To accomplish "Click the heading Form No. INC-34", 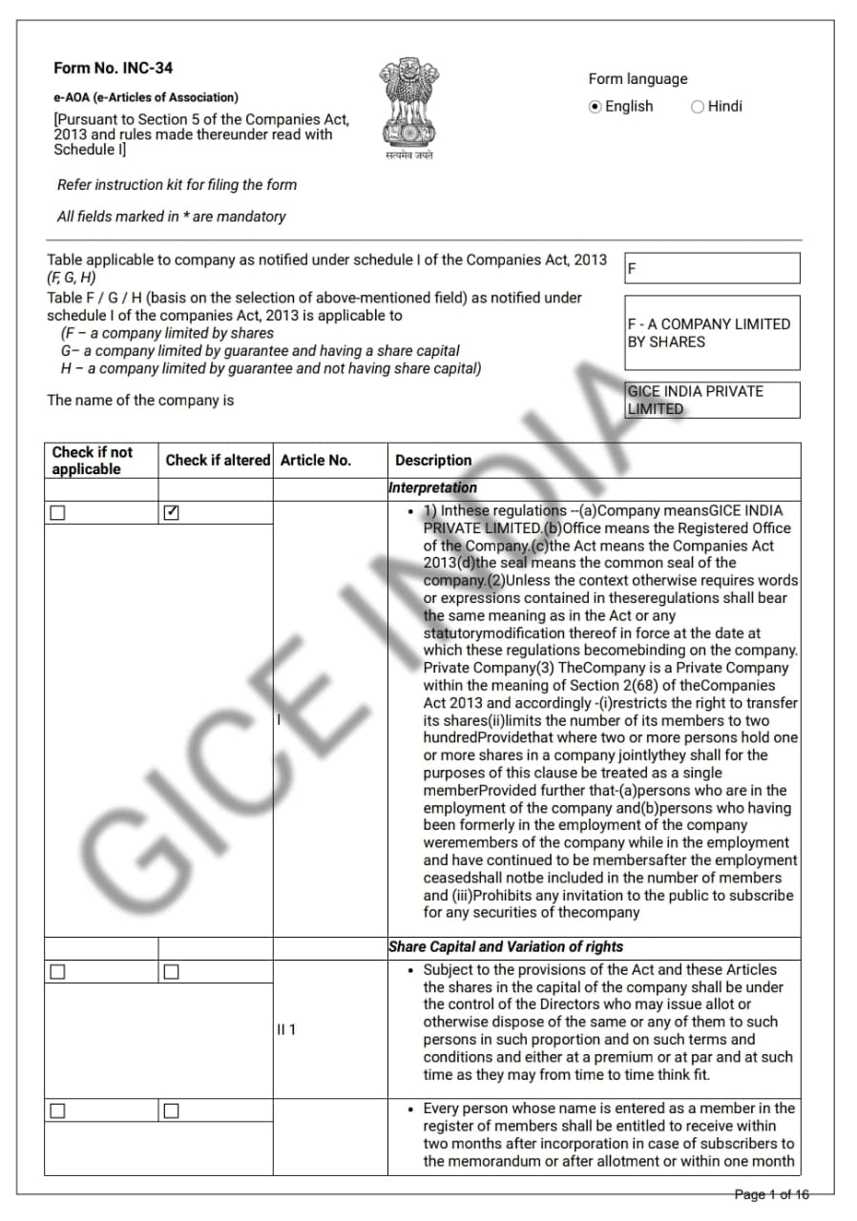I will coord(113,68).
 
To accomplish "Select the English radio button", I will coord(596,107).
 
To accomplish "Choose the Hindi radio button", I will coord(698,107).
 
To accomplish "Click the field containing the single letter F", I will coord(712,269).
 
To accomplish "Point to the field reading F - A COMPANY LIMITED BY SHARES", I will coord(712,333).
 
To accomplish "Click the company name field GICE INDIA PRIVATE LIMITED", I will coord(712,400).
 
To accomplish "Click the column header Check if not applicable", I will coord(93,461).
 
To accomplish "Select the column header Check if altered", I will coord(218,460).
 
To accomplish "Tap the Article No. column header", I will coord(316,460).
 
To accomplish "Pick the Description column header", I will coord(433,460).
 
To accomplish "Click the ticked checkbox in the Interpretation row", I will coord(171,512).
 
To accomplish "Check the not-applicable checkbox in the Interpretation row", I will coord(58,512).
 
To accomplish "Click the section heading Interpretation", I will coord(432,487).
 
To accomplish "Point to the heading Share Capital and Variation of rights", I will coord(505,946).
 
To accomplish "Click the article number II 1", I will coord(286,1030).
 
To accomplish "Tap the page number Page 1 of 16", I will coord(771,1194).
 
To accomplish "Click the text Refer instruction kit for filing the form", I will coord(177,185).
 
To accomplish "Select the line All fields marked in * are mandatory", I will coord(171,217).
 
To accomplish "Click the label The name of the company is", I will coord(140,400).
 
